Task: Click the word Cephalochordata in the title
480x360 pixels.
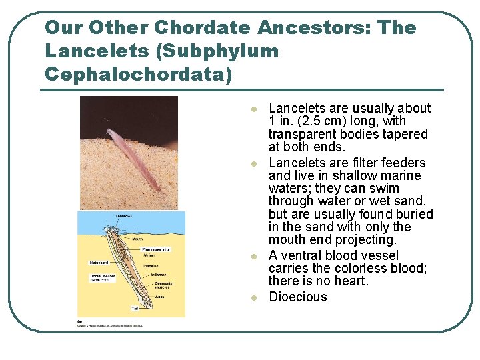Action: coord(139,73)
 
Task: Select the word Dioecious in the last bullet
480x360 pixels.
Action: coord(298,297)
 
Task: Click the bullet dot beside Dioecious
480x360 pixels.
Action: coord(253,298)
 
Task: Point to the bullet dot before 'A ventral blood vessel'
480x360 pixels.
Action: coord(253,257)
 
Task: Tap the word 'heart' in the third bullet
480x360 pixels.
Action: coord(350,281)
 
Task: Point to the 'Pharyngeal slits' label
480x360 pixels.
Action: coord(156,249)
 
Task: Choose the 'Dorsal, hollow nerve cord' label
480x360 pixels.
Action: coord(104,278)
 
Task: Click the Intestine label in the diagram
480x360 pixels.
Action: coord(151,265)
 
